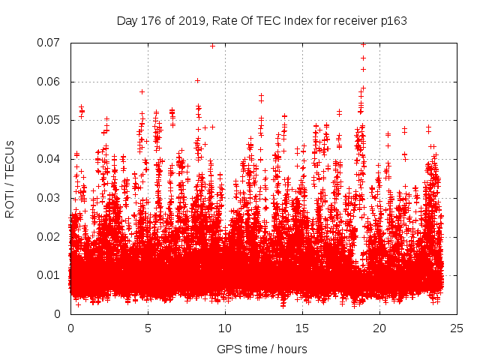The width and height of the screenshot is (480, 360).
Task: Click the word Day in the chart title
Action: (x=127, y=21)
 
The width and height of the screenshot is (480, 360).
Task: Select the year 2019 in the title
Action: (x=189, y=21)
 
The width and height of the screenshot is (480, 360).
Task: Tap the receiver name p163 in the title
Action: (x=393, y=21)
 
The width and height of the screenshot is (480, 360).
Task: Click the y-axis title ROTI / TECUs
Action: (x=10, y=178)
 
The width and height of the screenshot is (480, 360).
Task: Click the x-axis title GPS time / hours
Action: (x=262, y=349)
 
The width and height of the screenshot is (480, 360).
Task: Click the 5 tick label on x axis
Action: (x=148, y=328)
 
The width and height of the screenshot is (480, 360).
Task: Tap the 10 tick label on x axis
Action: (x=225, y=328)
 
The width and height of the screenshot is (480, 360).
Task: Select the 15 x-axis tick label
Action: (x=302, y=328)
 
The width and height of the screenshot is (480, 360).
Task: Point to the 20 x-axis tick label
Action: (x=379, y=328)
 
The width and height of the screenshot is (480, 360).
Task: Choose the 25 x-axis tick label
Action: (x=457, y=328)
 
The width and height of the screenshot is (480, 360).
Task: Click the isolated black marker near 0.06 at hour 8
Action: (x=197, y=80)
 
